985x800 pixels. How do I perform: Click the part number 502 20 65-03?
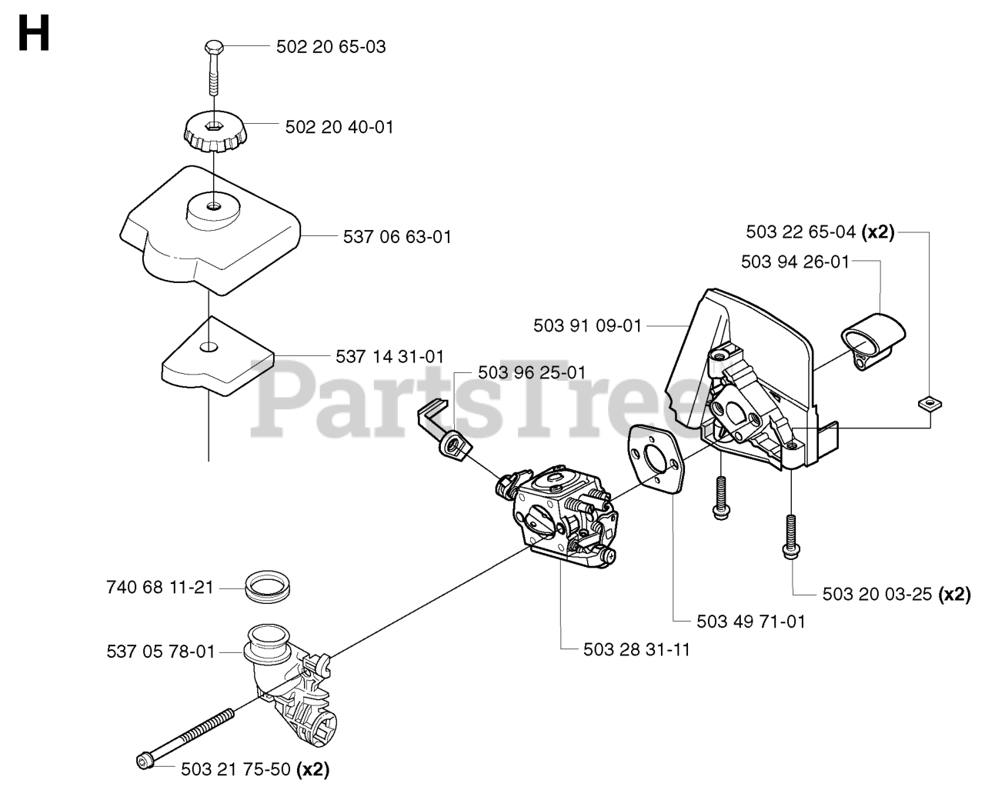coord(331,47)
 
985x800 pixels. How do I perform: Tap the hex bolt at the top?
coord(213,48)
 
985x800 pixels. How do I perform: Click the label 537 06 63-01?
coord(397,237)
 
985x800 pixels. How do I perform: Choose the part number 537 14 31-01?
coord(389,356)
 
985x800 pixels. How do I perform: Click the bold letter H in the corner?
coord(34,35)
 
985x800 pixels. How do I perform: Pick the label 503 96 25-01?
coord(532,373)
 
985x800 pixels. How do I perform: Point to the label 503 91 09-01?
coord(587,325)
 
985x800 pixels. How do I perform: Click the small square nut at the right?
coord(931,402)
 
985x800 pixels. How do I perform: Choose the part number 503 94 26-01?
coord(795,262)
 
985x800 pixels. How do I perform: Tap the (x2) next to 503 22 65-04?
coord(878,232)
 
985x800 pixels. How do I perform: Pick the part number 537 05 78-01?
coord(160,652)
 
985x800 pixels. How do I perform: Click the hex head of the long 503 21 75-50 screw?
coord(144,761)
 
